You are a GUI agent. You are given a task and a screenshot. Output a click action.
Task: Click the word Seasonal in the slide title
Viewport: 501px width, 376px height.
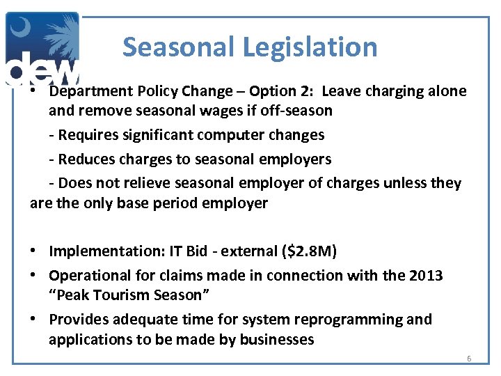point(180,47)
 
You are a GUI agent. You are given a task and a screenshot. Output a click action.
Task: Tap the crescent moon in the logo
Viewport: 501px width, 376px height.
point(21,30)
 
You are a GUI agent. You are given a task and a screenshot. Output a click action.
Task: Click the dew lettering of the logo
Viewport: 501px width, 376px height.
point(42,70)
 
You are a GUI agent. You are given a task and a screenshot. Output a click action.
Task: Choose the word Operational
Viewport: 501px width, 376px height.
point(89,275)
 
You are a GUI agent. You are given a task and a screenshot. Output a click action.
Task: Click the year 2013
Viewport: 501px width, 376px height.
point(424,275)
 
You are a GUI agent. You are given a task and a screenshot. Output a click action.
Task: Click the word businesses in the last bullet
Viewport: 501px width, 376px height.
point(276,339)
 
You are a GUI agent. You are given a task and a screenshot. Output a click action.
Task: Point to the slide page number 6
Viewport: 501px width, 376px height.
point(468,359)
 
